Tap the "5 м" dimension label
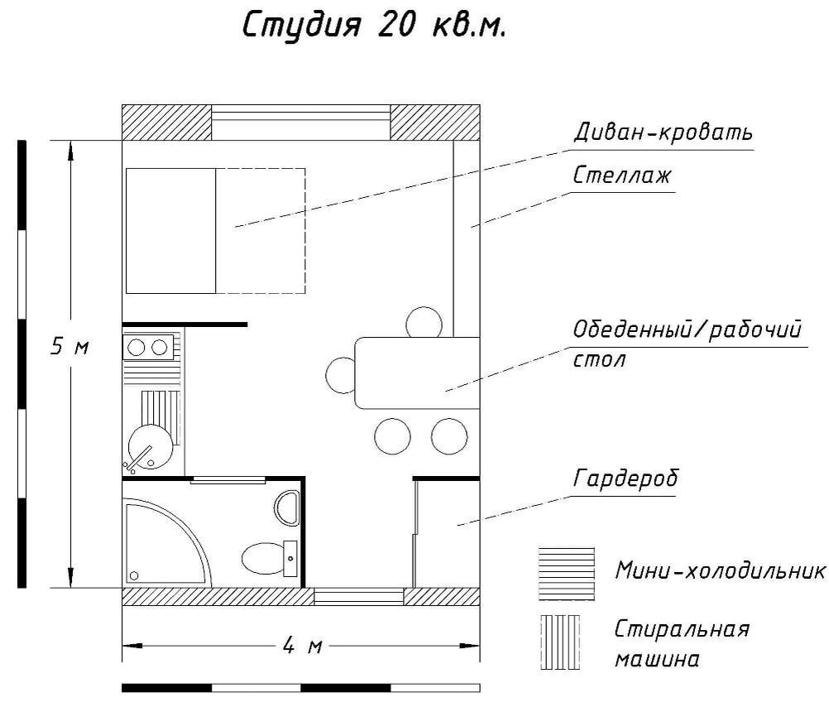[x=69, y=347]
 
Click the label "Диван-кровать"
[x=663, y=132]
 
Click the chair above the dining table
[x=424, y=322]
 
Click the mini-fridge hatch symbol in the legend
[x=566, y=573]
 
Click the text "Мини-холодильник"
[x=720, y=571]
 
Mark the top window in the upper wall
[x=301, y=123]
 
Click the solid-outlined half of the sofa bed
[x=170, y=230]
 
